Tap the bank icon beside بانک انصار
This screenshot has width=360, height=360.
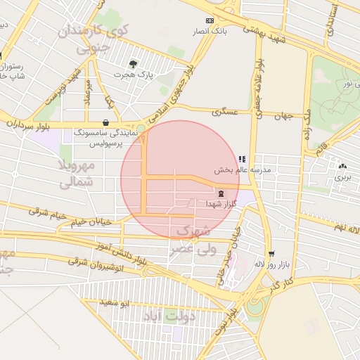click(x=208, y=21)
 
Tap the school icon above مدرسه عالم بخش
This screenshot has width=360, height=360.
click(x=243, y=160)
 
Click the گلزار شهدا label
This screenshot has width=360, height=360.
click(x=221, y=203)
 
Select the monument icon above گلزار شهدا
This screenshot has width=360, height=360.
click(x=221, y=193)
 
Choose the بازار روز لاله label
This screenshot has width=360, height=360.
click(x=267, y=265)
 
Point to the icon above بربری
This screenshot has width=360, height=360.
click(x=342, y=167)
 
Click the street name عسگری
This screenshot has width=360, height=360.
click(x=226, y=111)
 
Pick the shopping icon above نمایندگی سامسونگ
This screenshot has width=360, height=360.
click(x=105, y=122)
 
